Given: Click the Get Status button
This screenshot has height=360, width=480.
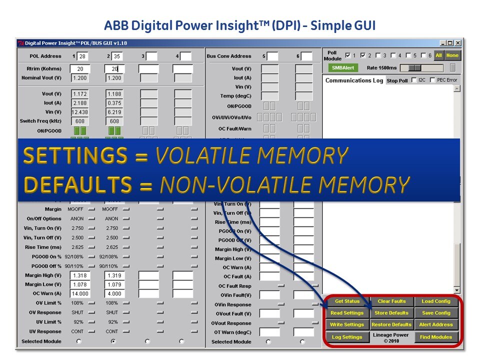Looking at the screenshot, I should (347, 301).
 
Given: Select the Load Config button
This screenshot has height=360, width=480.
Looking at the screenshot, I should (436, 301).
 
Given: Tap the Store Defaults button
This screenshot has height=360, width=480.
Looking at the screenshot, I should (391, 313).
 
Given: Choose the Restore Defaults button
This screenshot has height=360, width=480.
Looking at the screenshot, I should (391, 324).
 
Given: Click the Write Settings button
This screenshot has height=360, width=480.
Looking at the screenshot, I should (347, 324).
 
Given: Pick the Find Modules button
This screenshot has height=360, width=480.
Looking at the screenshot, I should (436, 337).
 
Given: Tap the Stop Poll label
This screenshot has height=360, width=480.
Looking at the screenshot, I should (397, 80).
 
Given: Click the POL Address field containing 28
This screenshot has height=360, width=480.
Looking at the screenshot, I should (83, 56).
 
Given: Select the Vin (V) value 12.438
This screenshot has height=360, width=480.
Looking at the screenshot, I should (80, 112).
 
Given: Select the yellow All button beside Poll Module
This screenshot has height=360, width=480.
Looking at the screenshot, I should (438, 55).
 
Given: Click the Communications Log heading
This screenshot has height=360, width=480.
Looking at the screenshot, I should (354, 80).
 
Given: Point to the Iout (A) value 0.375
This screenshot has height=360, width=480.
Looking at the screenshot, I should (114, 103).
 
